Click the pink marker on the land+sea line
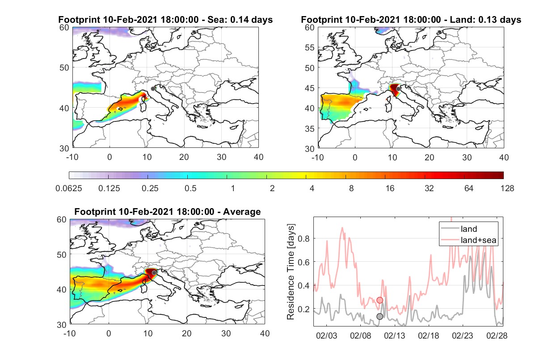click(380, 300)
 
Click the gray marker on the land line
click(380, 316)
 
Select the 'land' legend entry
click(469, 229)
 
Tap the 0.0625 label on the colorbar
click(69, 188)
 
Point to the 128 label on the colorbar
click(507, 188)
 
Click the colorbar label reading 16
click(390, 188)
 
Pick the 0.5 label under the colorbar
click(190, 188)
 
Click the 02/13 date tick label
click(394, 335)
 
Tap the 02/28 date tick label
click(497, 335)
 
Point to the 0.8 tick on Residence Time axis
click(304, 239)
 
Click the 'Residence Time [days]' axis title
click(291, 272)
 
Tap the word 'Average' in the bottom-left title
click(242, 212)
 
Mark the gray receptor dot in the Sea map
click(153, 89)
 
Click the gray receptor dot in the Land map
click(398, 89)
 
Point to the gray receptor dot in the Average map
click(154, 273)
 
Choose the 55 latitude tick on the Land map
click(310, 47)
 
